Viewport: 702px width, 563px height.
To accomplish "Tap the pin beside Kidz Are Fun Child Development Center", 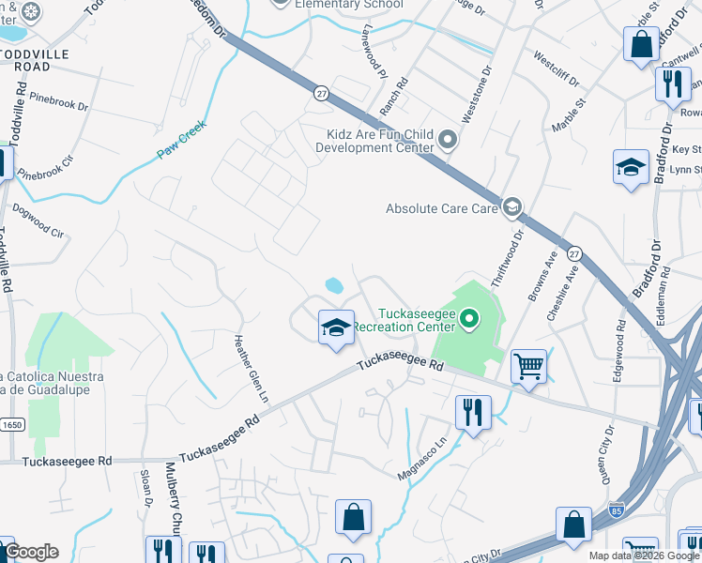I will (x=449, y=141).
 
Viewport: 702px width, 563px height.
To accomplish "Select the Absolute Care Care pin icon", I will (x=511, y=206).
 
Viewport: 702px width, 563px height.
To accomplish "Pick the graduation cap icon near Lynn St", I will (x=631, y=168).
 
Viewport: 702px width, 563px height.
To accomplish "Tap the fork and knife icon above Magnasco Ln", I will (x=472, y=412).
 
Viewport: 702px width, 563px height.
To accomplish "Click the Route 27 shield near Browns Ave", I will (x=575, y=254).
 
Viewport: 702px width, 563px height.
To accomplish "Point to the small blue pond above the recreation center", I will (x=332, y=284).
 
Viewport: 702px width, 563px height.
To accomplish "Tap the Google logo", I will (x=31, y=552).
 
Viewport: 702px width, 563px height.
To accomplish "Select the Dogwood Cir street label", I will (x=38, y=221).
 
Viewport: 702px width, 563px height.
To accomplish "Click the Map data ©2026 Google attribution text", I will (x=643, y=555).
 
